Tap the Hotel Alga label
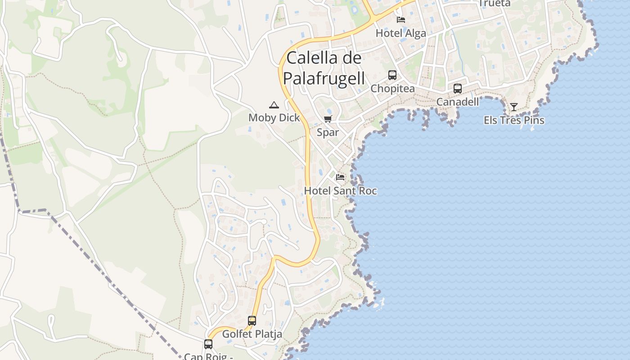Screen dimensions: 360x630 [400, 33]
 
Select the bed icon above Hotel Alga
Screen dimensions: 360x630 [401, 19]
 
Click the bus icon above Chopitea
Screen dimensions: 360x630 [392, 75]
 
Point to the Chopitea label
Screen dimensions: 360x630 [392, 89]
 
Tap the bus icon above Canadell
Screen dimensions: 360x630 [458, 89]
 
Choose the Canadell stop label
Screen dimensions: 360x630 [458, 102]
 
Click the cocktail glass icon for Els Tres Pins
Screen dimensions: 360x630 [514, 107]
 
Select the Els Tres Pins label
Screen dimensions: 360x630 [514, 120]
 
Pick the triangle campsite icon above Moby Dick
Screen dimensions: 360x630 [274, 105]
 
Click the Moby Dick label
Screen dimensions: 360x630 [274, 118]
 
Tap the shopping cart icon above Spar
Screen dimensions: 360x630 [328, 119]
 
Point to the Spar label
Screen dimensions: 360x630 [328, 132]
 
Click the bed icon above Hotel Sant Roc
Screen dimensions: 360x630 [340, 177]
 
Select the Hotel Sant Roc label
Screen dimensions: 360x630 [340, 190]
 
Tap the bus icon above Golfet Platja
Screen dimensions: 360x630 [252, 321]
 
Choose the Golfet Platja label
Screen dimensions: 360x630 [252, 334]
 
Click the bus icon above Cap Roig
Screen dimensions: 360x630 [208, 344]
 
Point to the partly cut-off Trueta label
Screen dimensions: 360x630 [495, 4]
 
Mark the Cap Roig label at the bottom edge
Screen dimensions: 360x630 [208, 356]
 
